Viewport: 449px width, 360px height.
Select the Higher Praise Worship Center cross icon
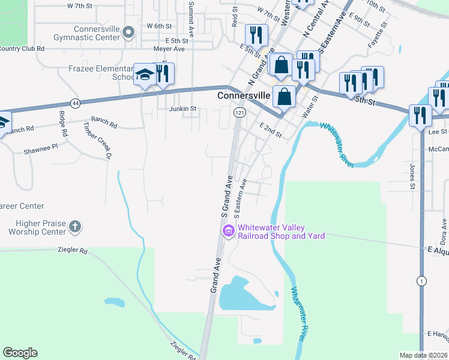[74, 227]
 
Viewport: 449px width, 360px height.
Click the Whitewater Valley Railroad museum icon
[228, 231]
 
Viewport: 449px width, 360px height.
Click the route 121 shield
[240, 113]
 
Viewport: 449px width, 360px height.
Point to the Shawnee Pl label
[41, 146]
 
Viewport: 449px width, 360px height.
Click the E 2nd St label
[271, 130]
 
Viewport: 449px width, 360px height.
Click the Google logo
[20, 353]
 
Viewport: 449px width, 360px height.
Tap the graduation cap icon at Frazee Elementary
[145, 75]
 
